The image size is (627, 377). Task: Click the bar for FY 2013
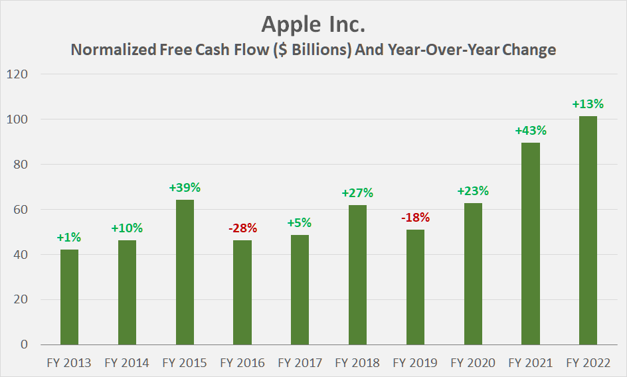[x=69, y=297]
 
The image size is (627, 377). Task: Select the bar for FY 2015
[x=185, y=272]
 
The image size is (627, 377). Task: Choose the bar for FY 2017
[x=300, y=289]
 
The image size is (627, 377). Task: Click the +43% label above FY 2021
[x=530, y=131]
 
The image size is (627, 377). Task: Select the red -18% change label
[x=415, y=218]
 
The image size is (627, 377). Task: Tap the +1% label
[x=69, y=238]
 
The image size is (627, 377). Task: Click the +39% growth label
[x=185, y=188]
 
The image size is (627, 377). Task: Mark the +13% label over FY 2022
[x=588, y=104]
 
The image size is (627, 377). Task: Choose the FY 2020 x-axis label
[x=472, y=363]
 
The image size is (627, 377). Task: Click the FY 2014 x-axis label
[x=127, y=363]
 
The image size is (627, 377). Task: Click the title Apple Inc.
[x=313, y=24]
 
